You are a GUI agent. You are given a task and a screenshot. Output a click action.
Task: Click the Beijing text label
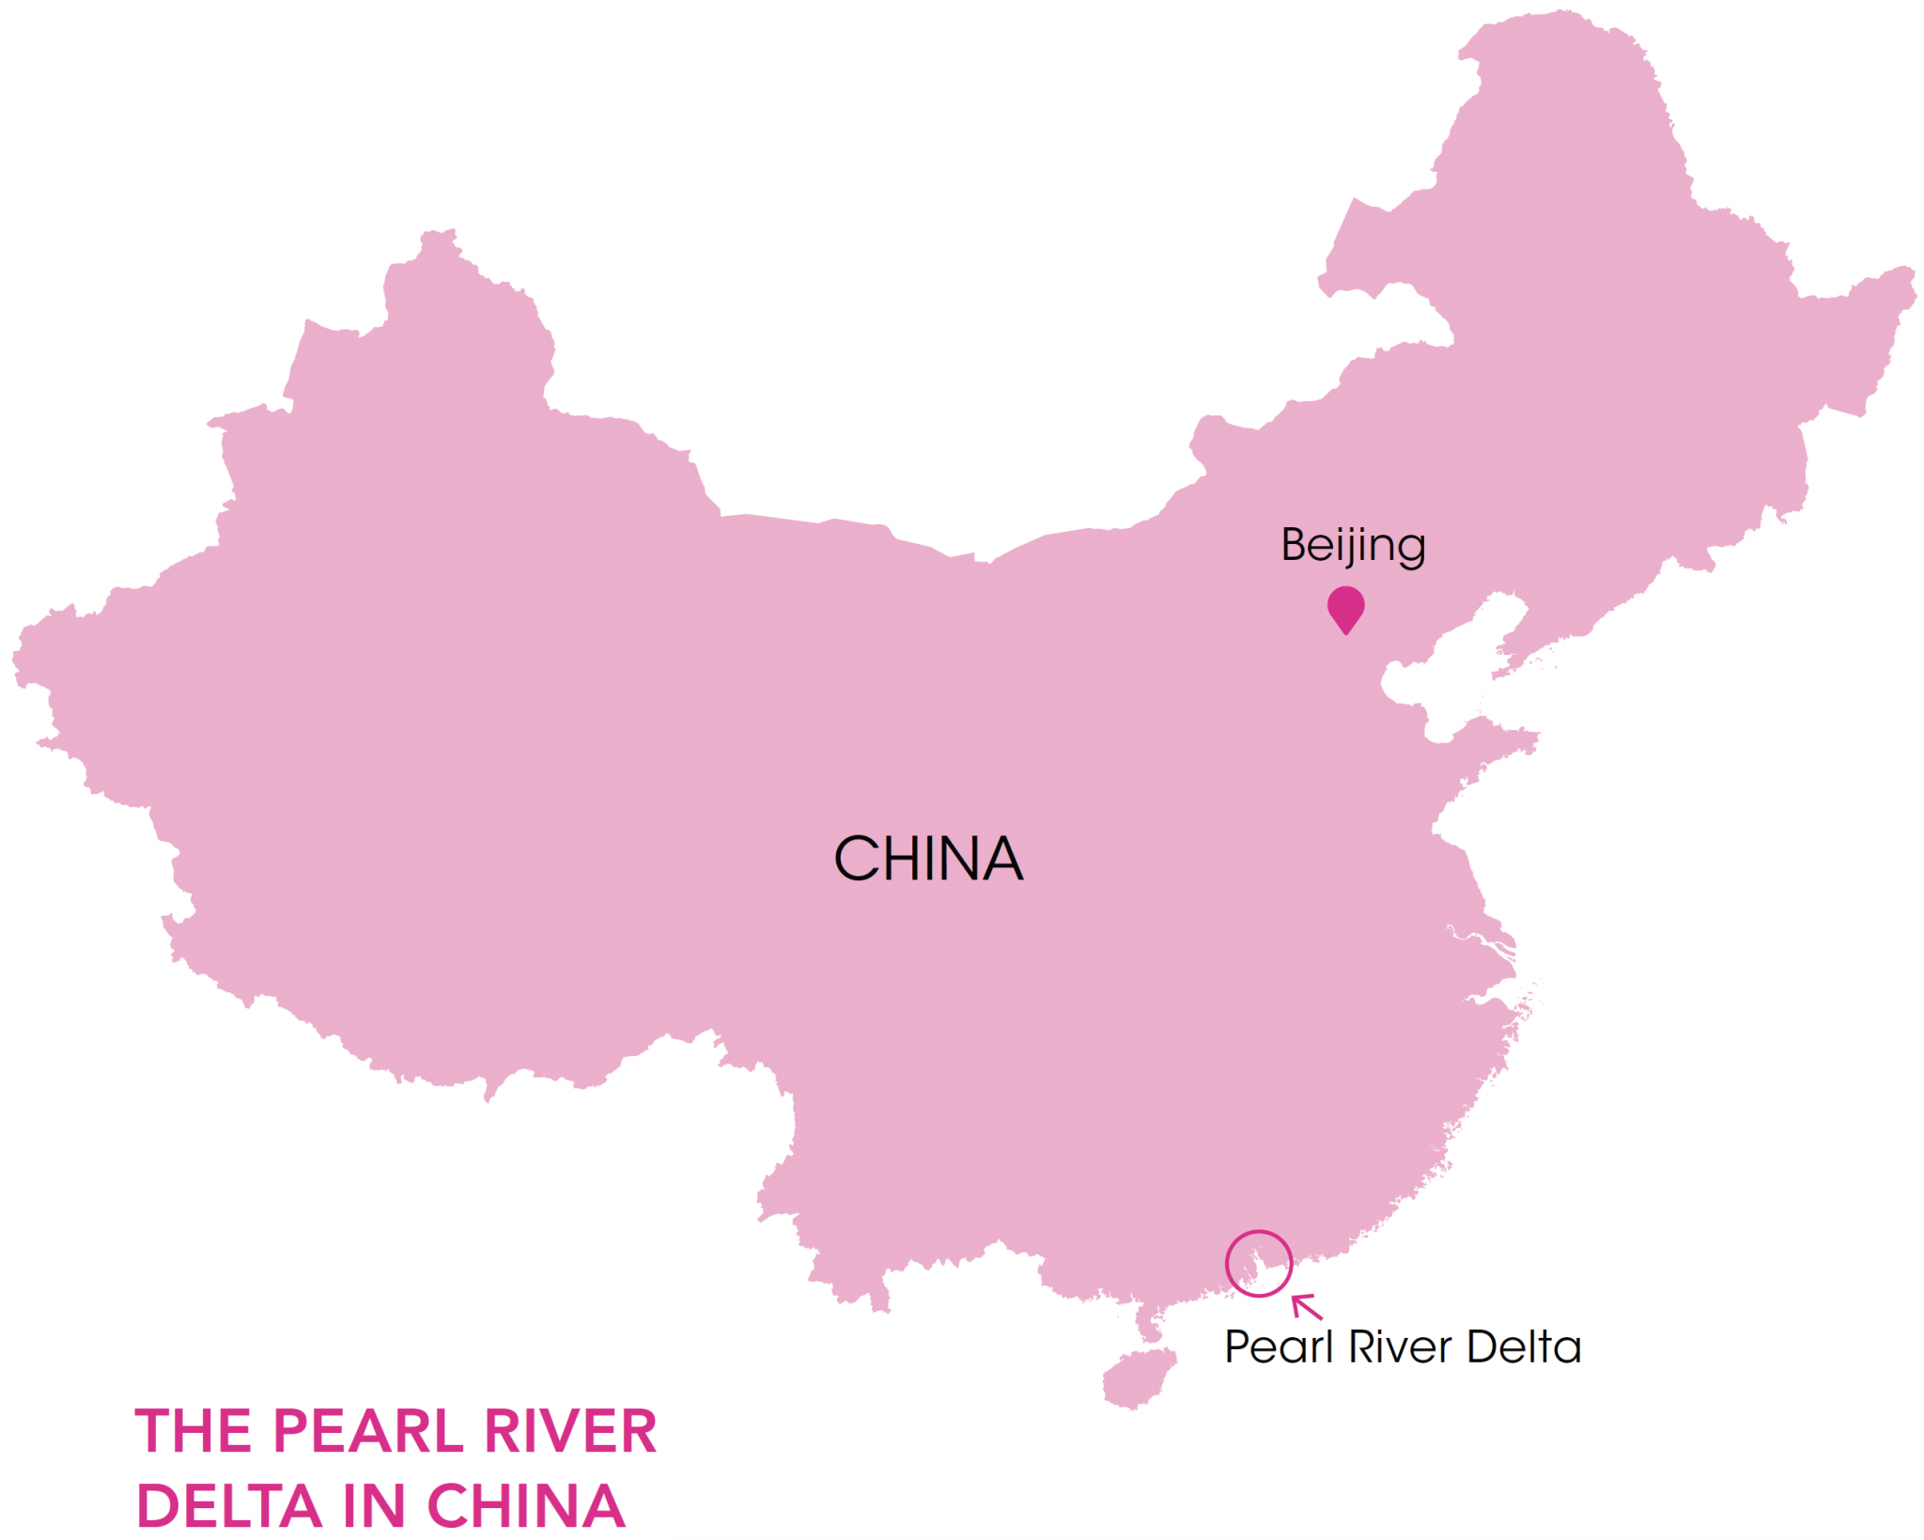pos(1353,545)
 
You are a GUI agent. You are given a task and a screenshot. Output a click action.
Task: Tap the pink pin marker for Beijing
pos(1345,607)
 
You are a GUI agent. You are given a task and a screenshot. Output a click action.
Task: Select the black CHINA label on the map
pos(928,859)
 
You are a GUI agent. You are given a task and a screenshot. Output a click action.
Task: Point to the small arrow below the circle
pos(1306,1306)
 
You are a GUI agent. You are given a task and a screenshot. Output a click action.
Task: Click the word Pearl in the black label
pos(1279,1347)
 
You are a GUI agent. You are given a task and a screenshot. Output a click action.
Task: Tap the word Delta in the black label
pos(1524,1347)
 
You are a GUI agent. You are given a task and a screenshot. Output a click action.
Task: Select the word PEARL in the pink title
pos(367,1432)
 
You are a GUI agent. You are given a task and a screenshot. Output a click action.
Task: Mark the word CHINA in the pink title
pos(526,1507)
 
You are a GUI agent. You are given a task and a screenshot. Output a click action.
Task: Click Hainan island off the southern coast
pos(1138,1377)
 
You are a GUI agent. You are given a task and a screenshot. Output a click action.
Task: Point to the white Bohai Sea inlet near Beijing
pos(1447,667)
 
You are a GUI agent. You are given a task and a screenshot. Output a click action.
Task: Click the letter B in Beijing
pos(1295,545)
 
